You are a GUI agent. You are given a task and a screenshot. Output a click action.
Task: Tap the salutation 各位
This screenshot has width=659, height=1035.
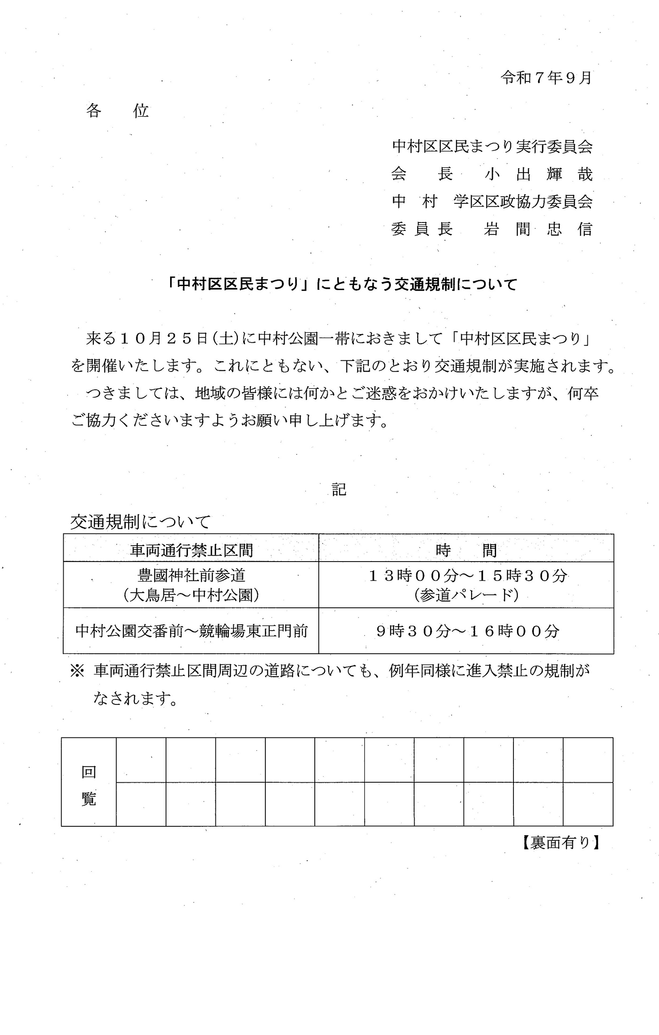click(x=117, y=111)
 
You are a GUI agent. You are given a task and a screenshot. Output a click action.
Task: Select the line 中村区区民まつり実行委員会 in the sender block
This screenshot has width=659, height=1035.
click(x=492, y=147)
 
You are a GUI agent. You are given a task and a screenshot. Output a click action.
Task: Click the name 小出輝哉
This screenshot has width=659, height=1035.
click(x=538, y=174)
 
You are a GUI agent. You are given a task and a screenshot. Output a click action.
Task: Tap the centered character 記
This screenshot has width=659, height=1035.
click(x=338, y=489)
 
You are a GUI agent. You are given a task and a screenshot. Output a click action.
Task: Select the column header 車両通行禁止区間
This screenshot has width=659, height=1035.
click(x=191, y=550)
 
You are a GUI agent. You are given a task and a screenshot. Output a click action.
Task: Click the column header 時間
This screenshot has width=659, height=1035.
click(x=466, y=550)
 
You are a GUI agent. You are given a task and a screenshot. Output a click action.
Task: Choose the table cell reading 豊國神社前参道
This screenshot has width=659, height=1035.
click(x=191, y=575)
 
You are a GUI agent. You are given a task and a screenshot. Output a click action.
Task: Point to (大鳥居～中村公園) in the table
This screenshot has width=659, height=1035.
click(x=191, y=595)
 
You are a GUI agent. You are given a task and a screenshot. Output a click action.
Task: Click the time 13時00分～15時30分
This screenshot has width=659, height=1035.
click(x=468, y=576)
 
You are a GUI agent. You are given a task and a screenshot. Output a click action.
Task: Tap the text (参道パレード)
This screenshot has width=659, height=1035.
click(x=466, y=595)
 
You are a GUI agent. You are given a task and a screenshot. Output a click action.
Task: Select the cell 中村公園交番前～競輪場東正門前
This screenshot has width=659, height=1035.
click(x=191, y=631)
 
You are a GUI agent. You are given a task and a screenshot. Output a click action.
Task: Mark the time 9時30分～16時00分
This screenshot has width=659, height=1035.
click(x=467, y=631)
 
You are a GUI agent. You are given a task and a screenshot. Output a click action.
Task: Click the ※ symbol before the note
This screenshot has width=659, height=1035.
click(x=77, y=671)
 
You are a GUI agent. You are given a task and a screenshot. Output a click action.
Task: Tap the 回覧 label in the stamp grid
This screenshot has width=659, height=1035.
click(x=89, y=786)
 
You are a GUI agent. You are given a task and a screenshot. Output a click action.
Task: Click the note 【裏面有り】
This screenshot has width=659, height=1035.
click(x=560, y=842)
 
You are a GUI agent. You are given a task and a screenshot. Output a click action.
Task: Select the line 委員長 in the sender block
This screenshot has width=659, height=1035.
click(x=422, y=230)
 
